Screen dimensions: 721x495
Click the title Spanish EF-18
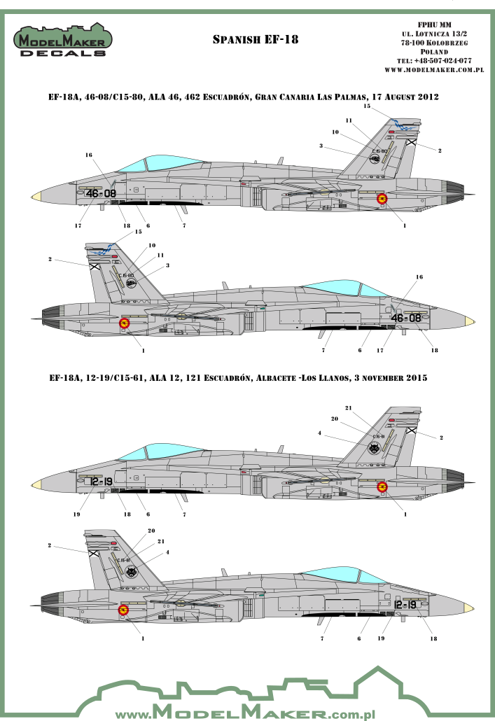[256, 40]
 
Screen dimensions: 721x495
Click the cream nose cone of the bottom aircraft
[469, 607]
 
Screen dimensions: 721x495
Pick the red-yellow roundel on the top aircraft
[382, 199]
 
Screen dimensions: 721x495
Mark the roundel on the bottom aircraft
[124, 610]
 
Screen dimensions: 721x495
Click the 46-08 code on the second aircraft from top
[406, 318]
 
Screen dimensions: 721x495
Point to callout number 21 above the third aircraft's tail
[348, 407]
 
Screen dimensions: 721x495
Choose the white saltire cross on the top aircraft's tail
[412, 143]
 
